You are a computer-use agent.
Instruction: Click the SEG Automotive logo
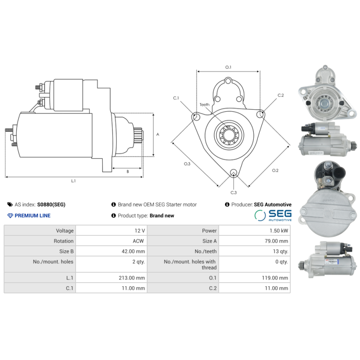273,215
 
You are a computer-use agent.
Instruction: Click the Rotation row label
63,241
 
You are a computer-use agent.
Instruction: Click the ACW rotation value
138,241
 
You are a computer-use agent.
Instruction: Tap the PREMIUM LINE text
32,216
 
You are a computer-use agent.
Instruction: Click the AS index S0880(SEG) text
51,204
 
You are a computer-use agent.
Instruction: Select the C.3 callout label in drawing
234,192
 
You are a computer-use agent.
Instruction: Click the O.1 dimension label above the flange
228,67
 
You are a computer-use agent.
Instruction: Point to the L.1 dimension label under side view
73,181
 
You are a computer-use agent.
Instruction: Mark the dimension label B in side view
127,171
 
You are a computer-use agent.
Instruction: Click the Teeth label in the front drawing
204,105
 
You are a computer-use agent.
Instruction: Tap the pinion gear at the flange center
229,135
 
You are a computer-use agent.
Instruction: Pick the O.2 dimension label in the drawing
275,170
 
